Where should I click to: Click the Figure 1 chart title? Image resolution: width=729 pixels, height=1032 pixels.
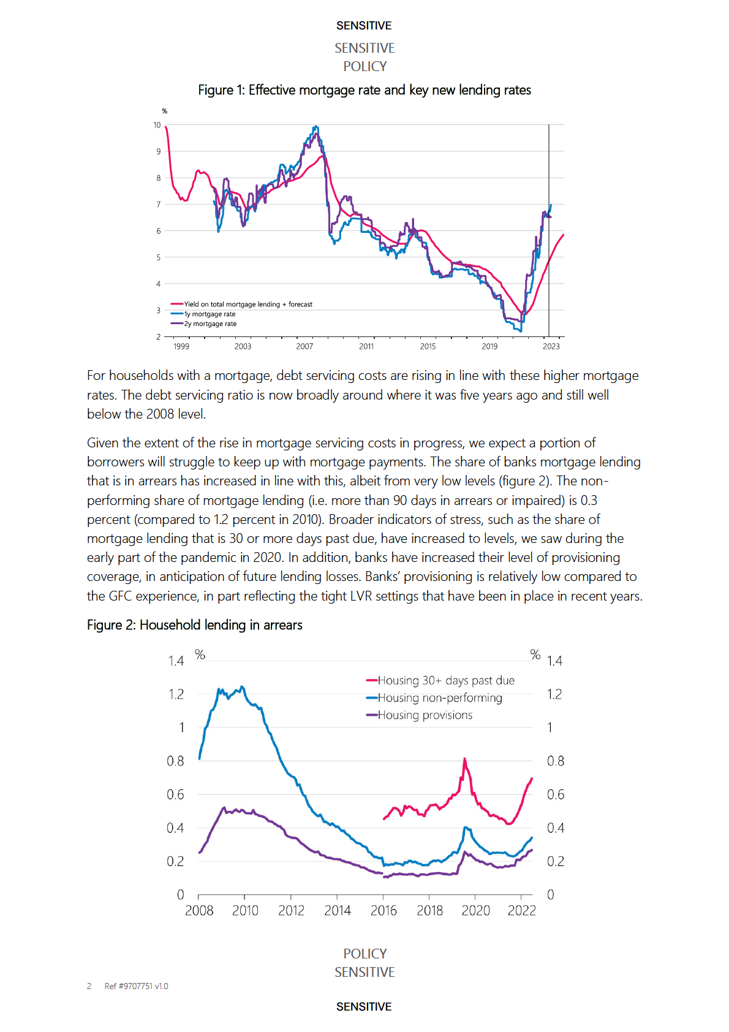point(364,90)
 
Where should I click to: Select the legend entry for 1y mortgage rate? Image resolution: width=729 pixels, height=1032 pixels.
point(210,314)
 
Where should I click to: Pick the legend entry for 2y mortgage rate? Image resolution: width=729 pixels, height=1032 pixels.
point(210,324)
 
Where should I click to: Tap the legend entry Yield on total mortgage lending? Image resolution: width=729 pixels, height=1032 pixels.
point(247,304)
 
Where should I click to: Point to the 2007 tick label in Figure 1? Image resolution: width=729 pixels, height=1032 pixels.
point(304,346)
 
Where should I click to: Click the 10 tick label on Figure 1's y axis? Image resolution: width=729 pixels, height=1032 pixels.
point(157,125)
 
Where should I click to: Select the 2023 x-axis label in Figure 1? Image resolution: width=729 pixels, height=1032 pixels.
point(551,346)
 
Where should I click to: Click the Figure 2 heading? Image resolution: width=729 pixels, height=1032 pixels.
point(194,624)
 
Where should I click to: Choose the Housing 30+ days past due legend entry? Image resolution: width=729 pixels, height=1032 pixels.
point(445,680)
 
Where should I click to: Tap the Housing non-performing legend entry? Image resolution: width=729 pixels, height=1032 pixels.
point(439,697)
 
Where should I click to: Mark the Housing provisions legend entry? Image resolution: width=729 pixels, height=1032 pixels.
point(425,715)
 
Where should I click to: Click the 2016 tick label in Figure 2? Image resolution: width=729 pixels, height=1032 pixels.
point(383,911)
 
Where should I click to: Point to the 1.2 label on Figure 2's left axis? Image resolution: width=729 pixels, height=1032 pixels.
point(176,694)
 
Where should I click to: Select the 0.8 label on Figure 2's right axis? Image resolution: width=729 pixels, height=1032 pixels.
point(555,761)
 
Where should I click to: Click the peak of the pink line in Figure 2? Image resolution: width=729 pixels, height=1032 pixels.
point(464,759)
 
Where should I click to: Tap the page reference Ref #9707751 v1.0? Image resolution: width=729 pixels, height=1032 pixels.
point(136,986)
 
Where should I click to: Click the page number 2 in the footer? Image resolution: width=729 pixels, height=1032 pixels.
point(89,986)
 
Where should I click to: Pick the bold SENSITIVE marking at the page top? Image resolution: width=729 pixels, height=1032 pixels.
point(364,26)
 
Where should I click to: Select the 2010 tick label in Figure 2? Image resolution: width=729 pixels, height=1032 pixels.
point(245,911)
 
